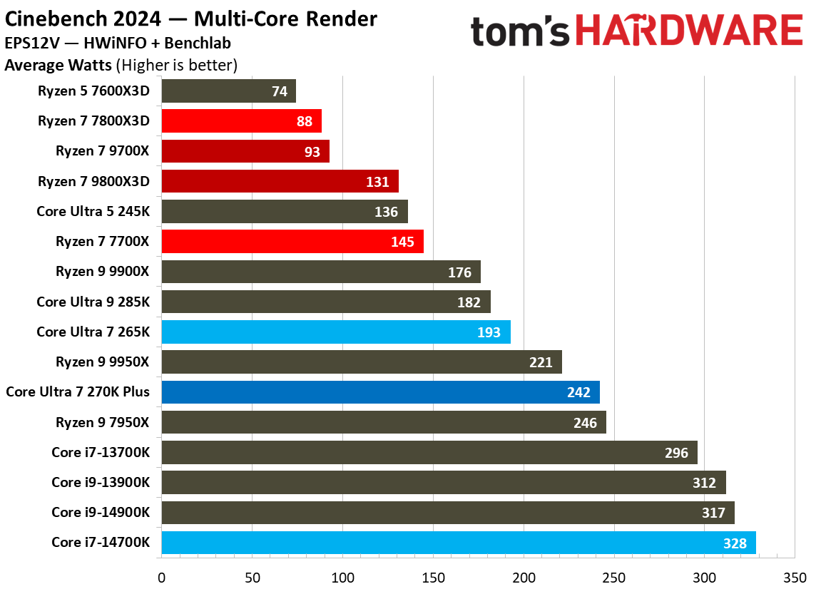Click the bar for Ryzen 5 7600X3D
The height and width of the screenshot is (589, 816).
click(x=228, y=91)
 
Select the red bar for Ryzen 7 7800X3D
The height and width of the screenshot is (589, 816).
click(x=241, y=121)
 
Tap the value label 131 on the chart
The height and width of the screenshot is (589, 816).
click(x=377, y=182)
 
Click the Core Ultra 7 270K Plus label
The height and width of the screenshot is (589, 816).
click(x=78, y=392)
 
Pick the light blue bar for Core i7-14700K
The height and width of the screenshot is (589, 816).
click(x=458, y=543)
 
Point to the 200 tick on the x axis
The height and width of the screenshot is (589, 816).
click(x=524, y=575)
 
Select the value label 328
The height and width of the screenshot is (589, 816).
click(x=734, y=543)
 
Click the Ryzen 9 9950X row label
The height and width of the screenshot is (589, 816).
click(x=103, y=362)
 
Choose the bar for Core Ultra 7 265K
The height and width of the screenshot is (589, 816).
click(x=335, y=332)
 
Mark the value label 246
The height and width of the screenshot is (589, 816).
click(x=585, y=423)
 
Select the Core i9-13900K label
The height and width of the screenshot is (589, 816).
click(x=101, y=483)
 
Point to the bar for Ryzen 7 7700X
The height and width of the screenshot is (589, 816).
click(x=292, y=242)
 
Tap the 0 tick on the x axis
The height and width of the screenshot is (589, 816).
click(x=162, y=575)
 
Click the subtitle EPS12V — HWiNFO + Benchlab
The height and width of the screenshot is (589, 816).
click(x=118, y=43)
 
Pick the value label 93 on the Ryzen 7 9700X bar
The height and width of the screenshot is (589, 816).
click(x=312, y=152)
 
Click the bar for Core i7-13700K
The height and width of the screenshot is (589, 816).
click(x=429, y=453)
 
